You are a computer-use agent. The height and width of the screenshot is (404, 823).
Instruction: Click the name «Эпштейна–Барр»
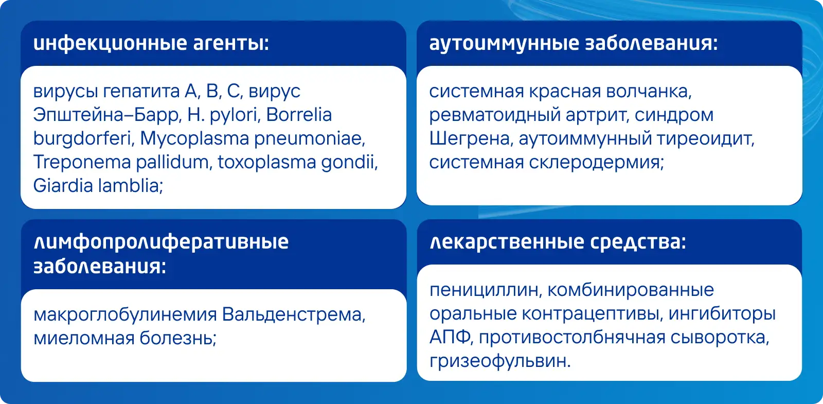pyautogui.click(x=108, y=115)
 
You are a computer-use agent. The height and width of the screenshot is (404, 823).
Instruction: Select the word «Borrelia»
pyautogui.click(x=299, y=115)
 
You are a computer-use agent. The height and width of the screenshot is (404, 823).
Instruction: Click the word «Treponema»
pyautogui.click(x=82, y=162)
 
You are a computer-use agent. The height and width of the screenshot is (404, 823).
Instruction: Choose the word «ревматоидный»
pyautogui.click(x=495, y=115)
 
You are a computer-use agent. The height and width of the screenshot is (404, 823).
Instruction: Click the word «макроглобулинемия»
pyautogui.click(x=125, y=315)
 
